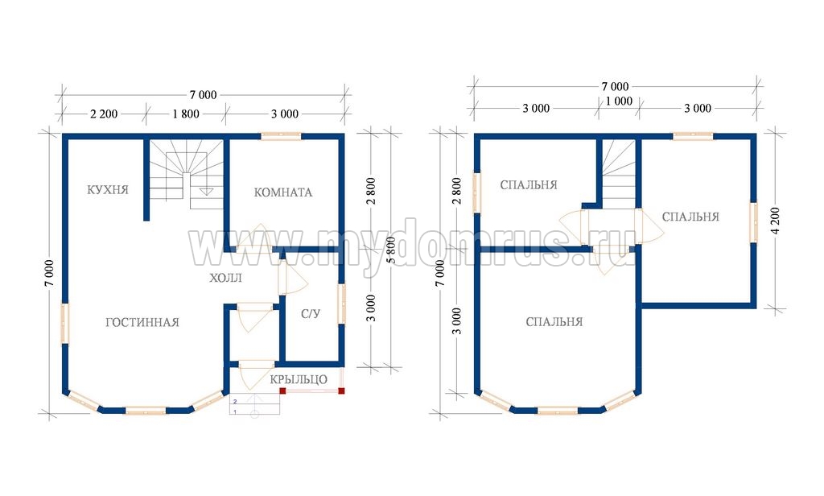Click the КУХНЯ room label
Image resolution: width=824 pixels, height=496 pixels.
click(108, 189)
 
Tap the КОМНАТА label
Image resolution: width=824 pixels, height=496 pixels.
click(283, 192)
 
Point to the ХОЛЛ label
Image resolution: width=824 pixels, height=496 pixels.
click(226, 278)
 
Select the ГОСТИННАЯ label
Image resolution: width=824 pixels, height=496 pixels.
click(142, 322)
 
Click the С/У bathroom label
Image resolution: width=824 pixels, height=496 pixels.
click(311, 314)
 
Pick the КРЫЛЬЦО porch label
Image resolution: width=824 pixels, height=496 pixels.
click(299, 379)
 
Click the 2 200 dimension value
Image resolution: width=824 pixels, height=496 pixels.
click(104, 114)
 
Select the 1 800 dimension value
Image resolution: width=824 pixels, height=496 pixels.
click(186, 114)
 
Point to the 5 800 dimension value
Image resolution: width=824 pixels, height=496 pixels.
click(390, 250)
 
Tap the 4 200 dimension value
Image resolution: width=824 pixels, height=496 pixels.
click(776, 221)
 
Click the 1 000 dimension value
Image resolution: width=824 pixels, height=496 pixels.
click(619, 101)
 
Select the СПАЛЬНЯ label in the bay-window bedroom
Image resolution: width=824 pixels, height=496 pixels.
click(554, 322)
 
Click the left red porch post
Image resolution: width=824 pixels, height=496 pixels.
click(282, 391)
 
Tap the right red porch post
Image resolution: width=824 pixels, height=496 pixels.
click(341, 391)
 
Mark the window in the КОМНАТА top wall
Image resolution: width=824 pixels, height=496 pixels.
click(281, 136)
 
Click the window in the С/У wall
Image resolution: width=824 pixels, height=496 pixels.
click(342, 304)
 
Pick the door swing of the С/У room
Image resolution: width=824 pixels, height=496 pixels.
click(292, 278)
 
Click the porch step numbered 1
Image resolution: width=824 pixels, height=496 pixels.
click(254, 411)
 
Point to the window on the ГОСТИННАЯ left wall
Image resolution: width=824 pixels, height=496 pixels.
click(65, 324)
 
